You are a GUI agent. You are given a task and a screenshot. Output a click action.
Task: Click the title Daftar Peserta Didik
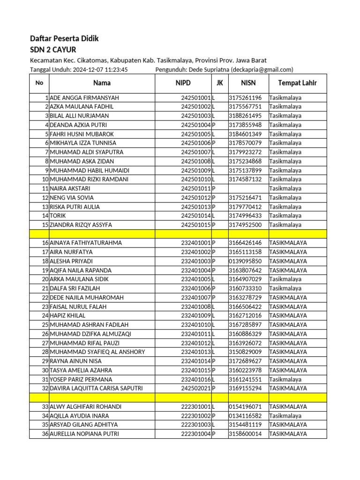pyautogui.click(x=64, y=38)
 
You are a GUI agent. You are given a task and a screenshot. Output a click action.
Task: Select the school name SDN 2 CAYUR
pyautogui.click(x=53, y=50)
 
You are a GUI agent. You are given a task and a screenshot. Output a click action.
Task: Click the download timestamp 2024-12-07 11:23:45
pyautogui.click(x=100, y=69)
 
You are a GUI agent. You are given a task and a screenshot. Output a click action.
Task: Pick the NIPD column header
pyautogui.click(x=183, y=83)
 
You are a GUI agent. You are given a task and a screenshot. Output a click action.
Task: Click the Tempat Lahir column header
pyautogui.click(x=297, y=83)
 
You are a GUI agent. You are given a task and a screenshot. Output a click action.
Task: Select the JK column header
pyautogui.click(x=220, y=83)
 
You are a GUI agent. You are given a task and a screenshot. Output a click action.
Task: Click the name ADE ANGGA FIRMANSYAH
pyautogui.click(x=84, y=98)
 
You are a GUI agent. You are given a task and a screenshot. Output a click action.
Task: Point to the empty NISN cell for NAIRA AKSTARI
pyautogui.click(x=248, y=188)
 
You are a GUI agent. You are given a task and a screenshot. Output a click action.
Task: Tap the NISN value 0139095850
pyautogui.click(x=245, y=261)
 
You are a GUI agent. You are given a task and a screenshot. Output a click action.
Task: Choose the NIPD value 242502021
pyautogui.click(x=196, y=388)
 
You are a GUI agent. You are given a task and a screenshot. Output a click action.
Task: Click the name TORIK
pyautogui.click(x=58, y=216)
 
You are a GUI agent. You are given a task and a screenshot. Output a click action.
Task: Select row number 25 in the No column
pyautogui.click(x=45, y=325)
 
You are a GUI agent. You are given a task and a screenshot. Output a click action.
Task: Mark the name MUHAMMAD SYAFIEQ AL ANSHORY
pyautogui.click(x=97, y=352)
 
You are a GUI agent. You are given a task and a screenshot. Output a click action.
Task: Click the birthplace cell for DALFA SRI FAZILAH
pyautogui.click(x=285, y=288)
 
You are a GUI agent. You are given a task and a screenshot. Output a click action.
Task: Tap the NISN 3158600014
pyautogui.click(x=245, y=434)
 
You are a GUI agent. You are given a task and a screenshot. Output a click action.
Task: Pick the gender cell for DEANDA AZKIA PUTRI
pyautogui.click(x=214, y=125)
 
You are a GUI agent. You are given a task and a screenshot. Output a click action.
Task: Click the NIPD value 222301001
pyautogui.click(x=196, y=406)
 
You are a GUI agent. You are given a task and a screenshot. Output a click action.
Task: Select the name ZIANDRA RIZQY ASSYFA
pyautogui.click(x=81, y=225)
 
